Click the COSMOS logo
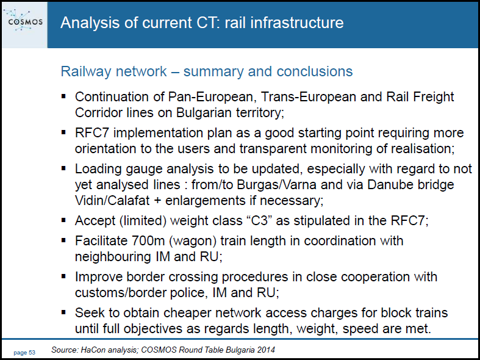pos(24,21)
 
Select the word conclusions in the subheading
pos(314,71)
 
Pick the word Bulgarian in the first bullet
pos(204,113)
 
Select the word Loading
pos(97,169)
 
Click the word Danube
pos(389,185)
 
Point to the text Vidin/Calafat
pos(112,201)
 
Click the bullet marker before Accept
pos(63,220)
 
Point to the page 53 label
pos(24,353)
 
